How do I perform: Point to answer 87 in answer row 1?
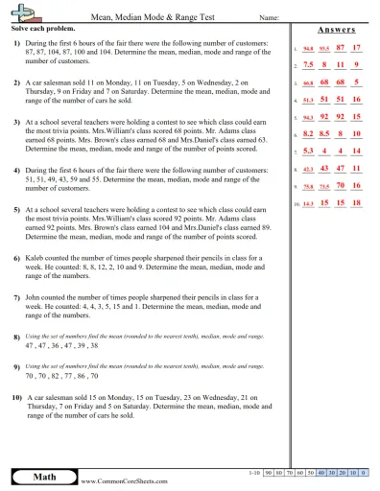pyautogui.click(x=339, y=46)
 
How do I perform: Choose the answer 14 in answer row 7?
pyautogui.click(x=356, y=152)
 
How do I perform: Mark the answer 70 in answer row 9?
pyautogui.click(x=339, y=186)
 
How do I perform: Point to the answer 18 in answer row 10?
pyautogui.click(x=356, y=203)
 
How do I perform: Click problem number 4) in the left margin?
pyautogui.click(x=17, y=169)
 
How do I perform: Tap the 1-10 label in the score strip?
pyautogui.click(x=252, y=473)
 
